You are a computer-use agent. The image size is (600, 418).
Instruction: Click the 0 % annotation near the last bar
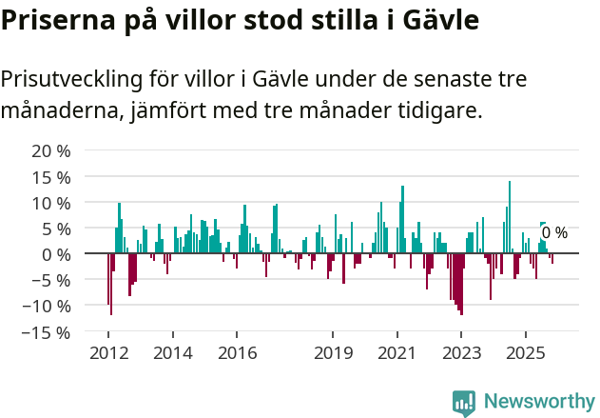click(554, 233)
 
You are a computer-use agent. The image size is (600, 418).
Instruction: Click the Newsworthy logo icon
click(464, 402)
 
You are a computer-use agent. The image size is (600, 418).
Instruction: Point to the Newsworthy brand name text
click(539, 402)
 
